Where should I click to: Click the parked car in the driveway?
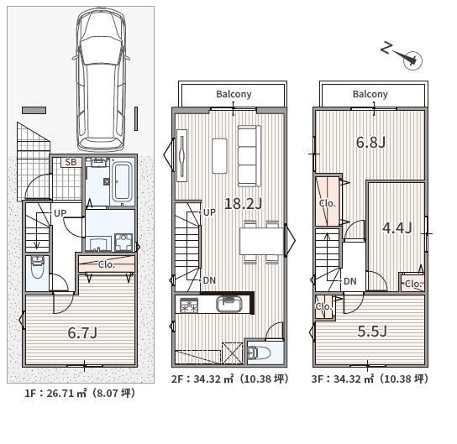[101, 79]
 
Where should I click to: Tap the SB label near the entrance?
[71, 162]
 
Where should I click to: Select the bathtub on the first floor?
[122, 182]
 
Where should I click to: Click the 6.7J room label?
[82, 332]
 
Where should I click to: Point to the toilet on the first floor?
[37, 266]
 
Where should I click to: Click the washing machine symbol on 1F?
[123, 242]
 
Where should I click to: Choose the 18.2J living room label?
[244, 203]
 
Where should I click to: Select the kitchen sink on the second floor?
[229, 304]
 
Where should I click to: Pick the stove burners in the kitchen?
[189, 306]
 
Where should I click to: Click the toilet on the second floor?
[259, 353]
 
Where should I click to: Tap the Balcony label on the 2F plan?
[234, 94]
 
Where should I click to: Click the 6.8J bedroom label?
[370, 143]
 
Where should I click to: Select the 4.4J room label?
[397, 227]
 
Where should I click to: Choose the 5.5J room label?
[372, 331]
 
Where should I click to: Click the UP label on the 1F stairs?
[60, 213]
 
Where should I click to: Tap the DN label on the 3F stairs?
[350, 281]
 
